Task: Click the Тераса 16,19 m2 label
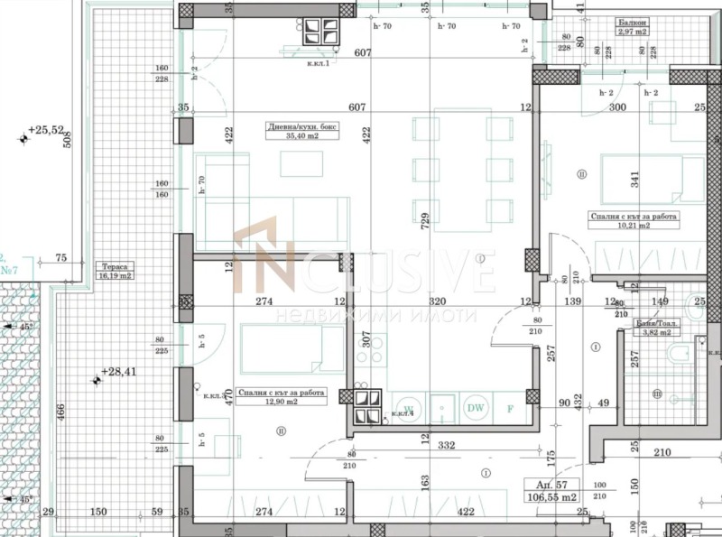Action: tap(114, 273)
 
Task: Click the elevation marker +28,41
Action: tap(117, 370)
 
